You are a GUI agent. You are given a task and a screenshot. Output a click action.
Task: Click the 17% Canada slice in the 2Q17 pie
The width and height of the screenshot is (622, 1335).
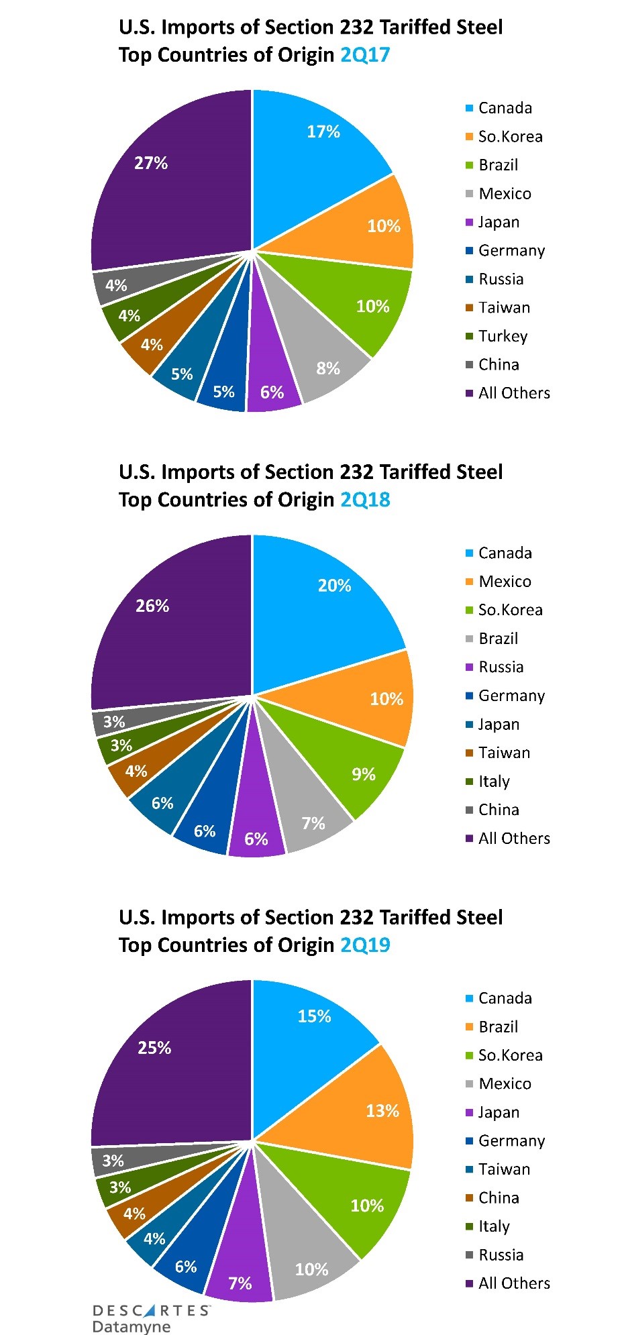coord(315,154)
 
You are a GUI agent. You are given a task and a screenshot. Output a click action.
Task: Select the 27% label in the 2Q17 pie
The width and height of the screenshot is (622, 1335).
coord(151,163)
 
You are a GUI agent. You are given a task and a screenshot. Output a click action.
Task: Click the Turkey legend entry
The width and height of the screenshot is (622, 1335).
coord(503,336)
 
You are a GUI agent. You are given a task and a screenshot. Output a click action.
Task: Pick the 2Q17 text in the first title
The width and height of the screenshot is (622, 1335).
coord(365,54)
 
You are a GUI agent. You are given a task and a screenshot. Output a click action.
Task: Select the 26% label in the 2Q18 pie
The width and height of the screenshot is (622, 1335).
coord(152,606)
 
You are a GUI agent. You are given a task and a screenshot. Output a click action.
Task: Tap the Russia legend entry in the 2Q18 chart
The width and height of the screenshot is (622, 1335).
coord(501,667)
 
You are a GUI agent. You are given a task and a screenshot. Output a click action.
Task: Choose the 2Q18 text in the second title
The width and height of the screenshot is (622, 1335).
coord(365,500)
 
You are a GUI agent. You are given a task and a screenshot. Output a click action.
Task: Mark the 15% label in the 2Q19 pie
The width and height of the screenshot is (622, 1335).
coord(314,1016)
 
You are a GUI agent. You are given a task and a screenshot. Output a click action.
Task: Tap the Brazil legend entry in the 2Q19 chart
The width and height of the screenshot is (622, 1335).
coord(498,1026)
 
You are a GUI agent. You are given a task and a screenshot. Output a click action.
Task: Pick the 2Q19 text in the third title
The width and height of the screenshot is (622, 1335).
coord(365,945)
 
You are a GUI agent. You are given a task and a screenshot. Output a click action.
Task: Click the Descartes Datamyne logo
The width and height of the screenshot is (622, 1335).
coord(151,1318)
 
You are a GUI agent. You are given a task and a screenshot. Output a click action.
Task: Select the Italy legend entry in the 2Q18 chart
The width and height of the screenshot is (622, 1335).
coord(494,782)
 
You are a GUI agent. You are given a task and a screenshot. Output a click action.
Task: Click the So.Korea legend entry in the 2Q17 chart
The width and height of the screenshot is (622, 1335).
coord(510,137)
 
